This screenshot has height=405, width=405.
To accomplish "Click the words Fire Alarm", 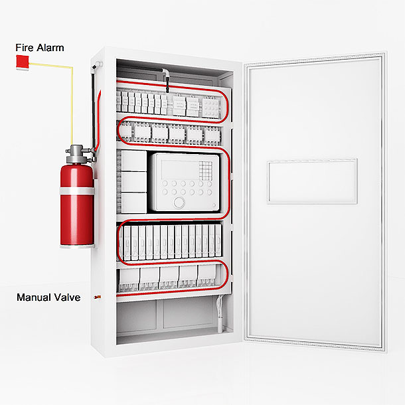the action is pos(40,48).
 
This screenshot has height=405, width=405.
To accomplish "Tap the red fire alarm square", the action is pos(22,62).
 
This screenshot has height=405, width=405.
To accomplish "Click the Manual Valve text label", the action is pos(48,297).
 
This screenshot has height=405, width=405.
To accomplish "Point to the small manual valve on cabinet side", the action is pos(98,297).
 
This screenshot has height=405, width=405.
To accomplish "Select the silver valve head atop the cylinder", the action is pos(78,154).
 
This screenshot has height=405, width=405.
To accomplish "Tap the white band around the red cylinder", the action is pos(77,191).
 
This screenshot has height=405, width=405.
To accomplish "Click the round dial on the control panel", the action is pos(179,202).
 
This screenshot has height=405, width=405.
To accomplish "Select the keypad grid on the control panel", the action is pos(206,171).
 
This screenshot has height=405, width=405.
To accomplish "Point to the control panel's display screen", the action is pos(179,169).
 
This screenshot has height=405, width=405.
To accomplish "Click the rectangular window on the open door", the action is pos(312,181).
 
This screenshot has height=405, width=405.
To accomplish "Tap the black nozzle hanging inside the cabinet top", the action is pos(167,85).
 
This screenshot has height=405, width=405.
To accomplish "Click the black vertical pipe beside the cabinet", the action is pos(93,111).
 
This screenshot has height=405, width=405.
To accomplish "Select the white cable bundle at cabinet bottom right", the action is pos(220,313).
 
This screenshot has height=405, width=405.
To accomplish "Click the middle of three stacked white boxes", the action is pos(134,182).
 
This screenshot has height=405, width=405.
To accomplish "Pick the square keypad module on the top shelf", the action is pos(210,108).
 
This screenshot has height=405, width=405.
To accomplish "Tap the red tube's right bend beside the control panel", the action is pos(228,183).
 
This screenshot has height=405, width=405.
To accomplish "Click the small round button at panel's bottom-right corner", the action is pos(214,205).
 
